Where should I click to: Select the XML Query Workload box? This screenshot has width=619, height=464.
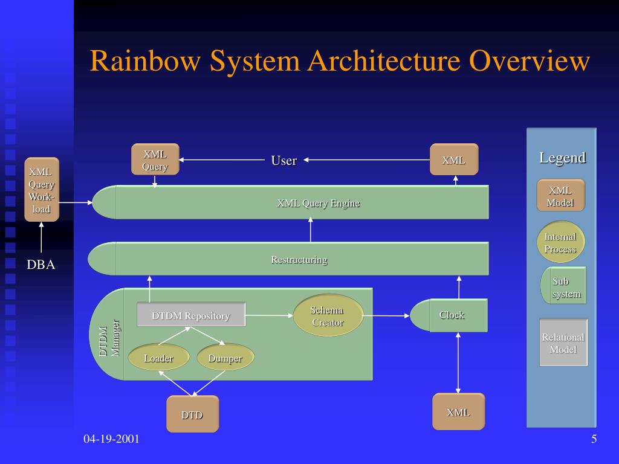click(42, 190)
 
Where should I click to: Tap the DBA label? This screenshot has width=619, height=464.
click(41, 265)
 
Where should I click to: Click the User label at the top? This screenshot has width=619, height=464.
click(284, 160)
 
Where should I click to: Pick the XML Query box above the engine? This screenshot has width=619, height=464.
click(155, 159)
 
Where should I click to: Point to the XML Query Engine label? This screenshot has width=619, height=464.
click(318, 203)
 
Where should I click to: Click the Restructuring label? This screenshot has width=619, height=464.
click(299, 260)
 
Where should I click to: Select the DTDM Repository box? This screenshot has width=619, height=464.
click(191, 315)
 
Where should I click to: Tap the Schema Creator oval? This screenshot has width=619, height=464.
click(328, 316)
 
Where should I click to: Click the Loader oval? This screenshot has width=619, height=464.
click(158, 358)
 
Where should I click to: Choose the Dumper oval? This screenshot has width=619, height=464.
click(225, 358)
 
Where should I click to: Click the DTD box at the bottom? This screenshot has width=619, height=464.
click(192, 414)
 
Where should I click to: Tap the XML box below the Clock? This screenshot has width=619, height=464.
click(458, 412)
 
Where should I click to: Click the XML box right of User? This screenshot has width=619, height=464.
click(453, 160)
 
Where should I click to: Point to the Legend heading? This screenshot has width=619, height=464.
click(562, 158)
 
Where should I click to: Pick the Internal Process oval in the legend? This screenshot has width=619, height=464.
click(560, 242)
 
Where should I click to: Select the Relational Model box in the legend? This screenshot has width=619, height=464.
click(563, 343)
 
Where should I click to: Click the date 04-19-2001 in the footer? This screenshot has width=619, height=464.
click(111, 439)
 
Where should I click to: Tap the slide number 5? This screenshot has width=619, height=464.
click(594, 439)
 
